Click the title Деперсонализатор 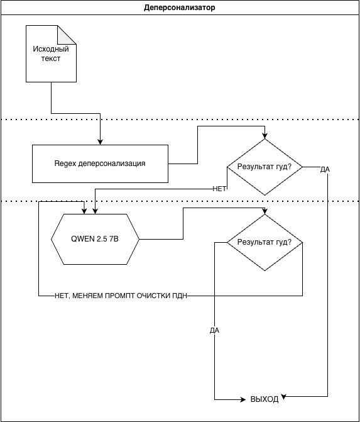179,8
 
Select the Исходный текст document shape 51,54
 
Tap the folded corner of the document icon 67,35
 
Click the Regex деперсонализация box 100,164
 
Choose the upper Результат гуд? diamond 265,167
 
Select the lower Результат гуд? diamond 265,243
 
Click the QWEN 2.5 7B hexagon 95,239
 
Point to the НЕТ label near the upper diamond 219,189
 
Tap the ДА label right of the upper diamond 325,170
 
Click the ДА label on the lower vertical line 214,330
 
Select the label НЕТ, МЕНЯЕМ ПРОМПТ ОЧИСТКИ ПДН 121,296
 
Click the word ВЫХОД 265,399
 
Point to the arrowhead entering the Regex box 100,142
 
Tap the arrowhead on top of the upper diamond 265,136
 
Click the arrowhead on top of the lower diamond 265,211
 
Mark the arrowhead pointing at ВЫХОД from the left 243,399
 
